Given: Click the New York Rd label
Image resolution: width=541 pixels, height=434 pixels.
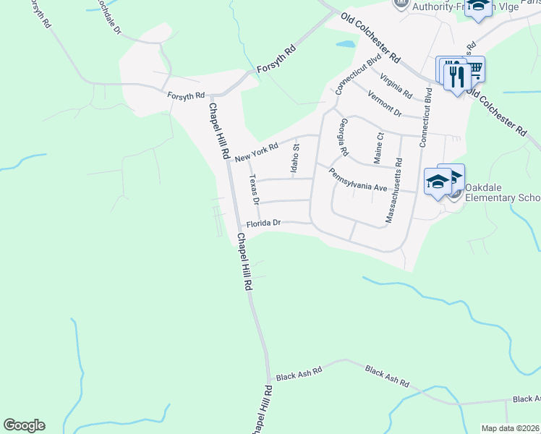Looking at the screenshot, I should [257, 153].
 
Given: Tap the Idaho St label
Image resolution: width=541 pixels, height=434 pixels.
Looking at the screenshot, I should [295, 159].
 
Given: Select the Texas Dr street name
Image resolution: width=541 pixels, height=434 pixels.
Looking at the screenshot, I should [253, 190].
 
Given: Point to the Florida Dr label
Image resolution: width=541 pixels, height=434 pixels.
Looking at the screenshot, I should [263, 224].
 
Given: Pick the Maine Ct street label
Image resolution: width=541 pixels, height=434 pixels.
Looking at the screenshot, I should [379, 148].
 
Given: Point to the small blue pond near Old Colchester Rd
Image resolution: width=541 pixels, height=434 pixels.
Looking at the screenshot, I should [346, 44].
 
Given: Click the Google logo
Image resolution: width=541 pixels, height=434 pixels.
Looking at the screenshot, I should [24, 425].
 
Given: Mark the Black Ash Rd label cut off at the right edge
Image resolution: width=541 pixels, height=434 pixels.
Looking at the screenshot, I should [527, 399].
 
